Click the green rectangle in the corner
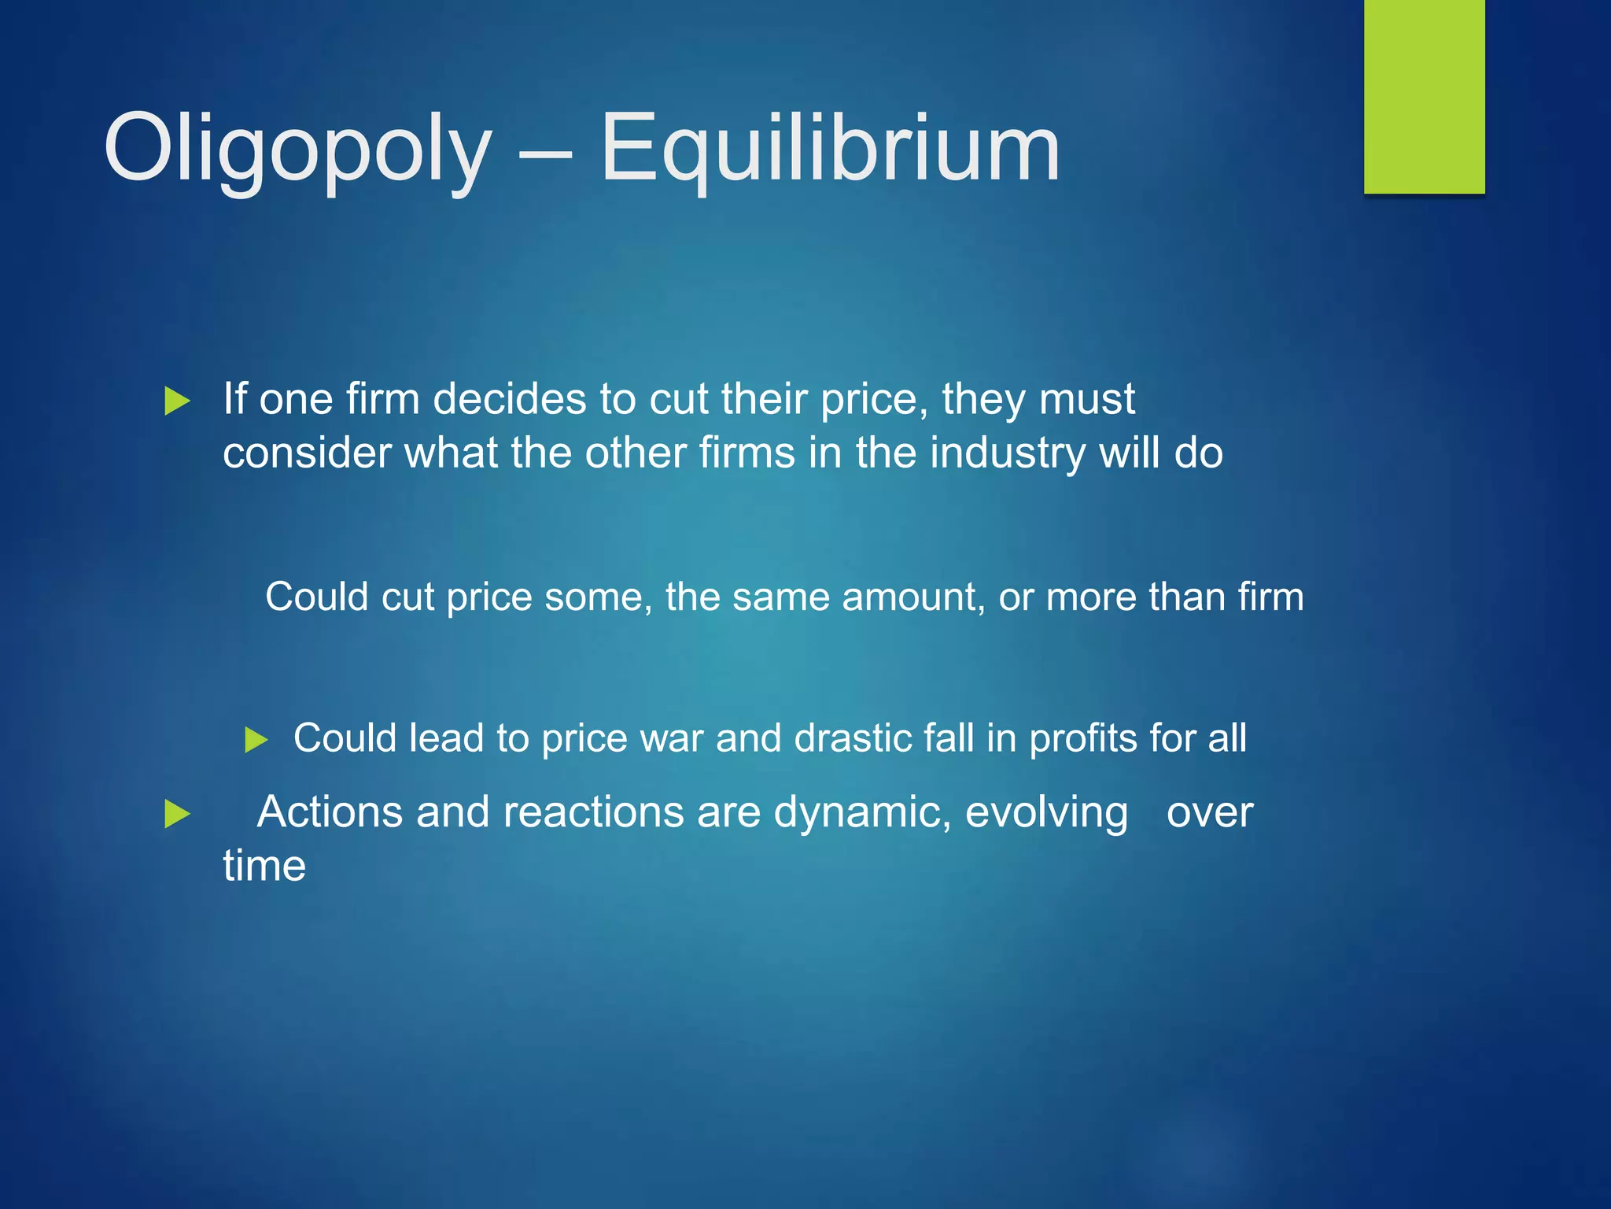[x=1424, y=96]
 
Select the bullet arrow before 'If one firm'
[x=178, y=401]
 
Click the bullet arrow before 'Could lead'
[x=256, y=740]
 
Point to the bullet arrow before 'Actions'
[x=178, y=814]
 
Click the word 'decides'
[x=509, y=398]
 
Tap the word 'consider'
[x=307, y=453]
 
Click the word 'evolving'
[x=1046, y=813]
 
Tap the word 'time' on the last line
[x=264, y=866]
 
